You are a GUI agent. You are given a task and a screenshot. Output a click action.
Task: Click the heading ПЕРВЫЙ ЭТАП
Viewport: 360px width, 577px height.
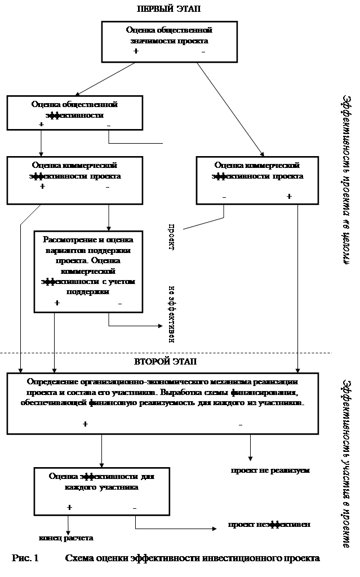pos(170,8)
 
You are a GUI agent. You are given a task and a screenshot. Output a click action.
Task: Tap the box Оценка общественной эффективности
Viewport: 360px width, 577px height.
pos(74,112)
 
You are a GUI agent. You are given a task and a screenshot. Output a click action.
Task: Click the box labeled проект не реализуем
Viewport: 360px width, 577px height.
pos(269,469)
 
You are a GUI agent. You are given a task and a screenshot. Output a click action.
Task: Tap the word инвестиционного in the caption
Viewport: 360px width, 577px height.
pos(252,559)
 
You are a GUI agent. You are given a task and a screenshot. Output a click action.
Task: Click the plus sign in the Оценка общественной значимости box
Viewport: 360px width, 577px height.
pos(135,52)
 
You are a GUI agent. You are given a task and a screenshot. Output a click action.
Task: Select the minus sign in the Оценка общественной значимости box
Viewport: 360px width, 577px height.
pos(203,52)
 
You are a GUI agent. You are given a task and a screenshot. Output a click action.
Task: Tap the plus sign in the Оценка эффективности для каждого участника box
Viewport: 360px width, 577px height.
pos(69,507)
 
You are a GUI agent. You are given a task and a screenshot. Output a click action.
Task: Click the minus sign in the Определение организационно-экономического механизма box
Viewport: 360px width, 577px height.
pos(241,424)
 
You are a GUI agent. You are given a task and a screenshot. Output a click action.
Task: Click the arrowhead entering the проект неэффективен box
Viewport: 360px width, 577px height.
pos(215,529)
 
